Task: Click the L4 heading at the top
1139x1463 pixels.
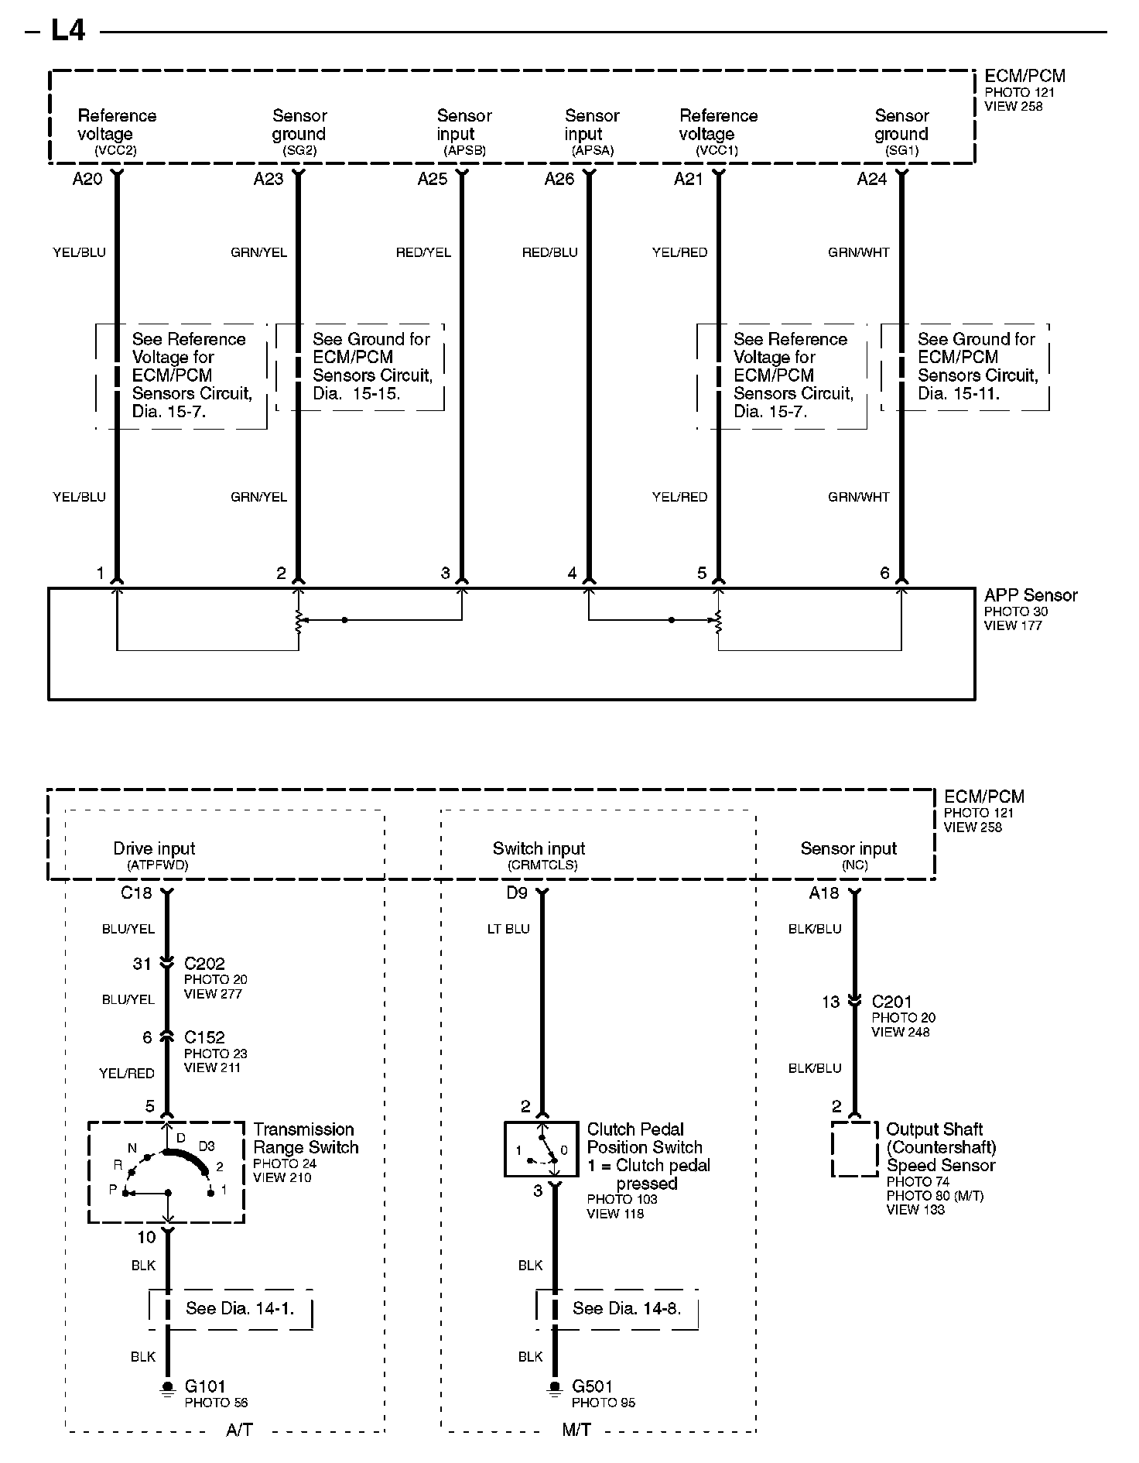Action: tap(67, 31)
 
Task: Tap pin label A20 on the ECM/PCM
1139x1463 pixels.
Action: tap(87, 180)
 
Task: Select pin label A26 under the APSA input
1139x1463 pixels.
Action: tap(559, 180)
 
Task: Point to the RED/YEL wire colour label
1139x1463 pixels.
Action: tap(423, 252)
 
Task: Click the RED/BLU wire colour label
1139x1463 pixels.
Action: tap(549, 252)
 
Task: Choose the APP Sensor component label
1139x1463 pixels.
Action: tap(1031, 595)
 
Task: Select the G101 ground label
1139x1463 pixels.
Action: tap(205, 1386)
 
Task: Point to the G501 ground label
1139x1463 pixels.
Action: tap(593, 1386)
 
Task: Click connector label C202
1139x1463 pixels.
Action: tap(204, 964)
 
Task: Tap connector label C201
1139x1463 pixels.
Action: tap(892, 1002)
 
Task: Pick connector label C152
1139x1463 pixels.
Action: tap(204, 1037)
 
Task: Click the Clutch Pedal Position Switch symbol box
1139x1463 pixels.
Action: tap(541, 1149)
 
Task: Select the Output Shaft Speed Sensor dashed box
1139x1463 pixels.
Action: tap(854, 1149)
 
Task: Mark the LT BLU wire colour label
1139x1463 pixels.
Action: tap(508, 929)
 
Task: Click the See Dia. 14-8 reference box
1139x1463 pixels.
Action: tap(617, 1308)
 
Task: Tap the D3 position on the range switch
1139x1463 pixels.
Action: tap(207, 1146)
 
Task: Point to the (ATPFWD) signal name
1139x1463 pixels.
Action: tap(157, 865)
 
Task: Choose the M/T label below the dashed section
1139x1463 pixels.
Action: tap(576, 1430)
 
